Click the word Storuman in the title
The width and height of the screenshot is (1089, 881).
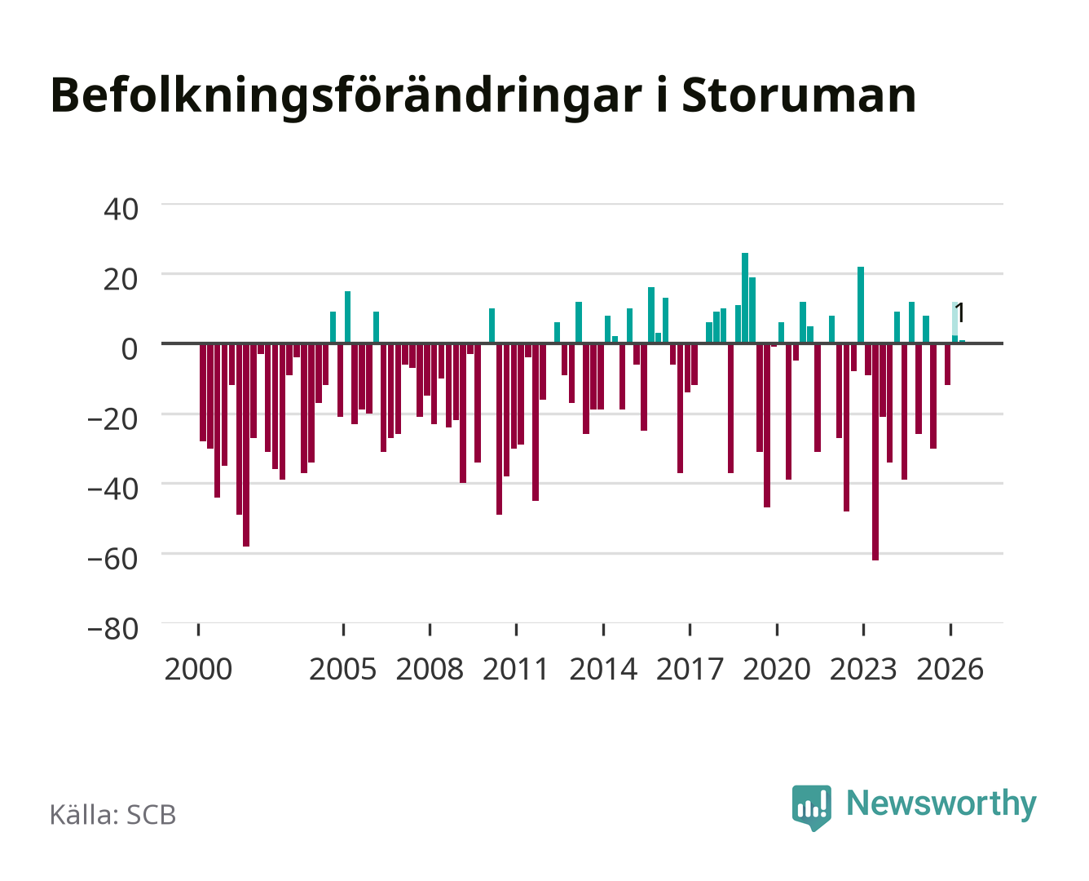[x=799, y=95]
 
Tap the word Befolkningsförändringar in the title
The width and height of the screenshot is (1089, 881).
[x=346, y=98]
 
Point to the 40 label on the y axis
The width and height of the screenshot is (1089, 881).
[x=121, y=210]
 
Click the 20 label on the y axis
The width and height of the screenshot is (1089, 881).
[x=121, y=279]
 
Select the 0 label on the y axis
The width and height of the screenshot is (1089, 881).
[x=130, y=349]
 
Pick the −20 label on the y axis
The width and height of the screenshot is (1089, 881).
[x=113, y=419]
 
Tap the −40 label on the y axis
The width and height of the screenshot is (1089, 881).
[x=113, y=489]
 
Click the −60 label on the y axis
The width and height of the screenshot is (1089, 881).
[x=113, y=560]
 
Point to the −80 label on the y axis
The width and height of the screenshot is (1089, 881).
[x=113, y=629]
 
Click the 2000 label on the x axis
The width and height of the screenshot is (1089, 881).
[x=198, y=669]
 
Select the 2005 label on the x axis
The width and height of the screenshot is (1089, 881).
[x=343, y=669]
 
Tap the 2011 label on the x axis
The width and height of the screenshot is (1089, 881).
[x=516, y=669]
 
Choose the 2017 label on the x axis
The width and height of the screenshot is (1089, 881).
[x=690, y=669]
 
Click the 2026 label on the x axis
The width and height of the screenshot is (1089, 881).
[x=950, y=669]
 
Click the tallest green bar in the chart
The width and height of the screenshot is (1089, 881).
[x=745, y=298]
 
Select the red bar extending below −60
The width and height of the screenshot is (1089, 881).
[x=875, y=452]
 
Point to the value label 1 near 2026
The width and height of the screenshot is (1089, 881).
[x=960, y=313]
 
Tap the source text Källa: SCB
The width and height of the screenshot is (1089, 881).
[x=113, y=814]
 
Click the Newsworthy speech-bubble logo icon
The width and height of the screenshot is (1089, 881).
[x=812, y=808]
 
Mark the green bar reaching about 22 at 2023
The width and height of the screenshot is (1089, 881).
[x=861, y=305]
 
